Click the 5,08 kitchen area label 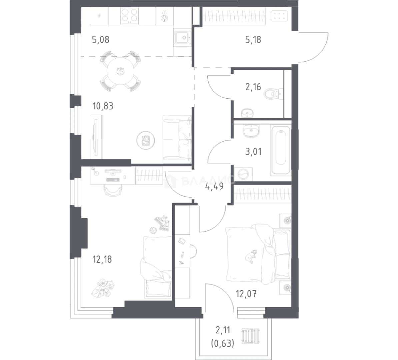(x=101, y=40)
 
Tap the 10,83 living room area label (x=103, y=106)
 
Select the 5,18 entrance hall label (x=253, y=40)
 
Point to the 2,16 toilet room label (x=253, y=87)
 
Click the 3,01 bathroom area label (x=253, y=152)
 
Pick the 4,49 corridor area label (x=214, y=187)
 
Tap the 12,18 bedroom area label (x=102, y=259)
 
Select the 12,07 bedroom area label (x=246, y=294)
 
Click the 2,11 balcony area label (x=223, y=330)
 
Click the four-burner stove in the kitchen (x=129, y=16)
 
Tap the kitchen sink (x=183, y=38)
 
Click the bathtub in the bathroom (x=280, y=150)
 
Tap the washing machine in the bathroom (x=243, y=174)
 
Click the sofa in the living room (x=177, y=139)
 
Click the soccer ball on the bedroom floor (x=153, y=230)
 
